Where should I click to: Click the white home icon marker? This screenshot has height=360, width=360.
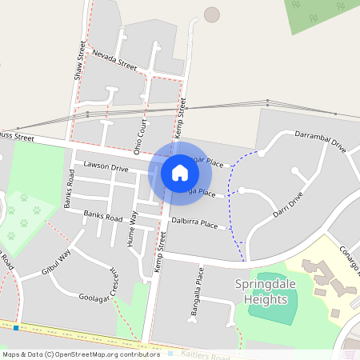[x=180, y=172]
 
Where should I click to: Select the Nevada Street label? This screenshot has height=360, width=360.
[x=114, y=60]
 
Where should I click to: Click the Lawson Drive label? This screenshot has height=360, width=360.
[x=106, y=168]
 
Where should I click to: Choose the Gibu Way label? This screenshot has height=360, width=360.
[x=57, y=263]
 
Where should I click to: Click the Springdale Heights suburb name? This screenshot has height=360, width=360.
[x=260, y=292]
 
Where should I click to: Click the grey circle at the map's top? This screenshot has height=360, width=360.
[x=212, y=14]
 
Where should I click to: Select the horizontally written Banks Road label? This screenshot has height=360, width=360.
[x=103, y=216]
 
